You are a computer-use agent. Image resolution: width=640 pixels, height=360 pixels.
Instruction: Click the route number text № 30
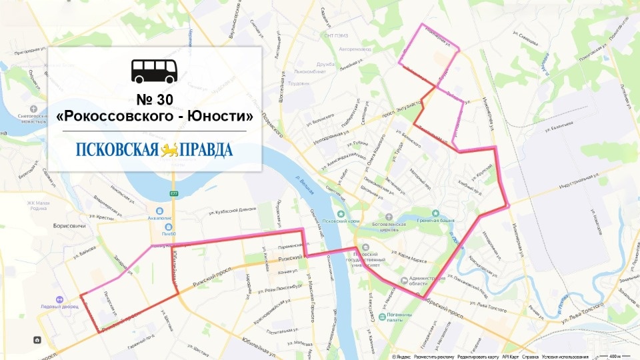tap(155, 99)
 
